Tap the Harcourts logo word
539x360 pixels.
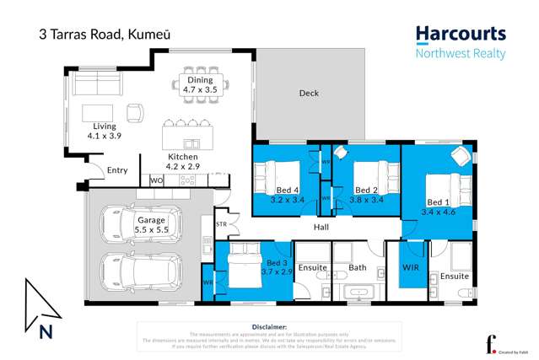click(461, 34)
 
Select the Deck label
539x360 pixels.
click(309, 94)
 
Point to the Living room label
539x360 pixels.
click(105, 131)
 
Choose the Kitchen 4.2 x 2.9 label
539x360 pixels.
click(183, 161)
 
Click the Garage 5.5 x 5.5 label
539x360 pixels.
click(152, 224)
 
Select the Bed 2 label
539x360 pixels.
click(365, 195)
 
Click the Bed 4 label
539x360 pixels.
click(285, 195)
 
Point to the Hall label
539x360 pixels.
click(321, 228)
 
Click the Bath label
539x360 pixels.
click(358, 269)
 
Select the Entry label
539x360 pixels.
click(117, 170)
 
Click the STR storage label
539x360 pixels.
click(222, 225)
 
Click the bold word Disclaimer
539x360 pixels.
click(270, 325)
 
